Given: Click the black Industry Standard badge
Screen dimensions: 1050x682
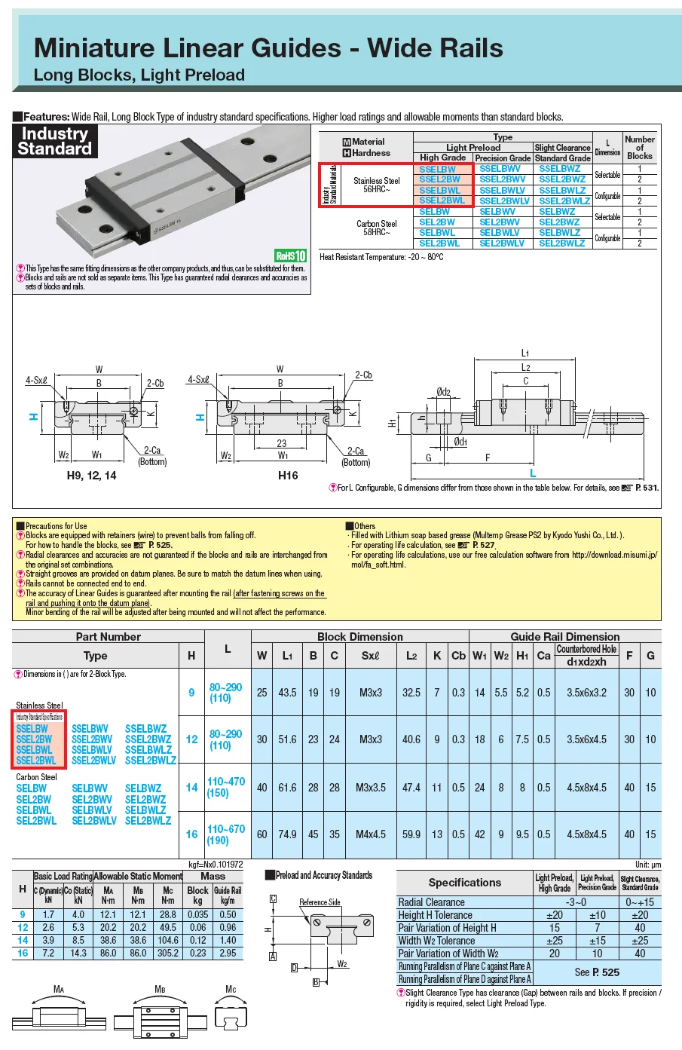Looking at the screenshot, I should tap(55, 141).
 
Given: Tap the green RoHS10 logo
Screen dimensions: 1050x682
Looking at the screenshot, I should tap(290, 256).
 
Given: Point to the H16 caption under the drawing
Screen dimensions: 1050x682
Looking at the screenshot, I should tap(287, 476).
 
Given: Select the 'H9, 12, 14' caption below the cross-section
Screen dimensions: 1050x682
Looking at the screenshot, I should tap(91, 476).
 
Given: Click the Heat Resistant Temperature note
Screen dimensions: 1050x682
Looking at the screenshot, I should tap(381, 257).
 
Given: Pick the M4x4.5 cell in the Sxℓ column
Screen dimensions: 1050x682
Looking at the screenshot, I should tap(370, 834).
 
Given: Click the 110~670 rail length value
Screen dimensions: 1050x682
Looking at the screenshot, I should tap(226, 828).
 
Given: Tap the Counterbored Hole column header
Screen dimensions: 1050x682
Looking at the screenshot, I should tap(586, 649).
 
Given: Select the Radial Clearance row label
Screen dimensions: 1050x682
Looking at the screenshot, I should tap(431, 902).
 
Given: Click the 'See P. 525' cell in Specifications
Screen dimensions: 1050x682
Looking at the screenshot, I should tap(597, 972).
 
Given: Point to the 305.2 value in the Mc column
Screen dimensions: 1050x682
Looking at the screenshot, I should tap(167, 953).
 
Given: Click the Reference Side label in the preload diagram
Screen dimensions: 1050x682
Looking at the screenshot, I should tap(320, 902).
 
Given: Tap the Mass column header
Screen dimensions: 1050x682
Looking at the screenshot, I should tap(213, 876).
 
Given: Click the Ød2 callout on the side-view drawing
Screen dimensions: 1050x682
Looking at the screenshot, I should tap(443, 392).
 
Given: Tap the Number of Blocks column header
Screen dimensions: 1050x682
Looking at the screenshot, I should tap(639, 147).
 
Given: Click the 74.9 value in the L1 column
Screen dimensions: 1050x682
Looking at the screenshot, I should tap(287, 834).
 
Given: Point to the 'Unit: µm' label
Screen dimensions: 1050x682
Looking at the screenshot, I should tap(647, 865).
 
